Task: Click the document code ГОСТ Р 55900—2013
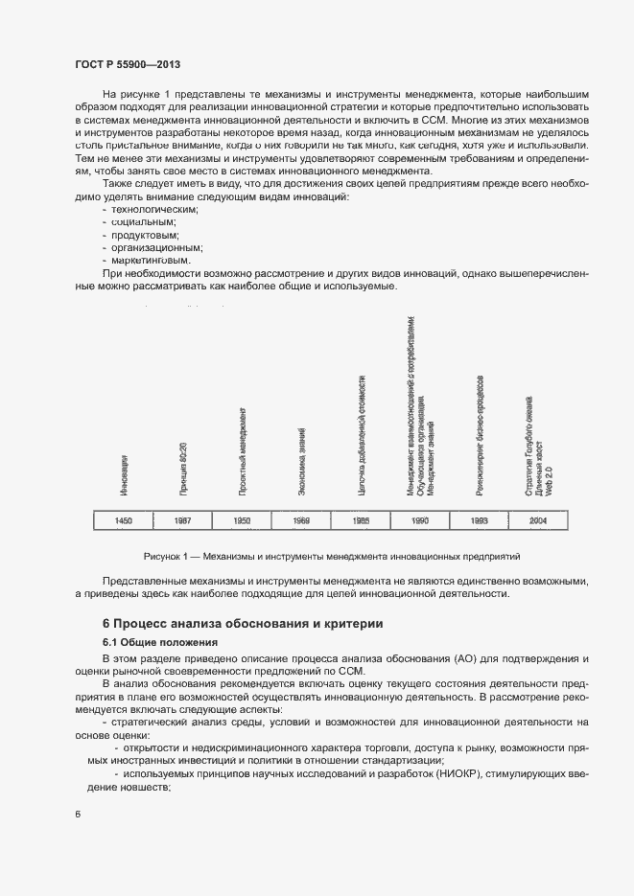point(128,64)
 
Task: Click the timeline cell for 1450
point(123,520)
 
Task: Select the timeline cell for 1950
point(242,520)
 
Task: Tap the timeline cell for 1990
point(420,520)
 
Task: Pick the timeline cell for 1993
point(480,520)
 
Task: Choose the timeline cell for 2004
point(539,520)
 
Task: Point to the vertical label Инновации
point(124,476)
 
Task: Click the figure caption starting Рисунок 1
point(331,556)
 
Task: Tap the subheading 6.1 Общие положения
point(160,641)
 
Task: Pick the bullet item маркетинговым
point(152,260)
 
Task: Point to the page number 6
point(77,814)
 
